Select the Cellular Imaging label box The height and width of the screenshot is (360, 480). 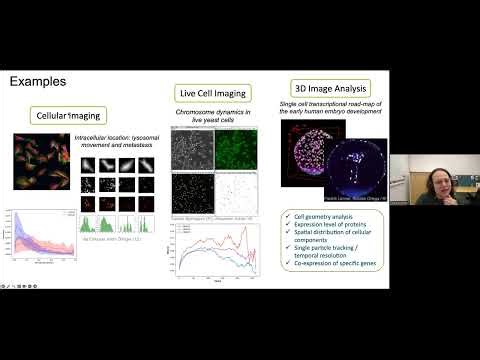click(x=66, y=116)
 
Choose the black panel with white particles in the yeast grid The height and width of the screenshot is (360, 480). click(x=191, y=194)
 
